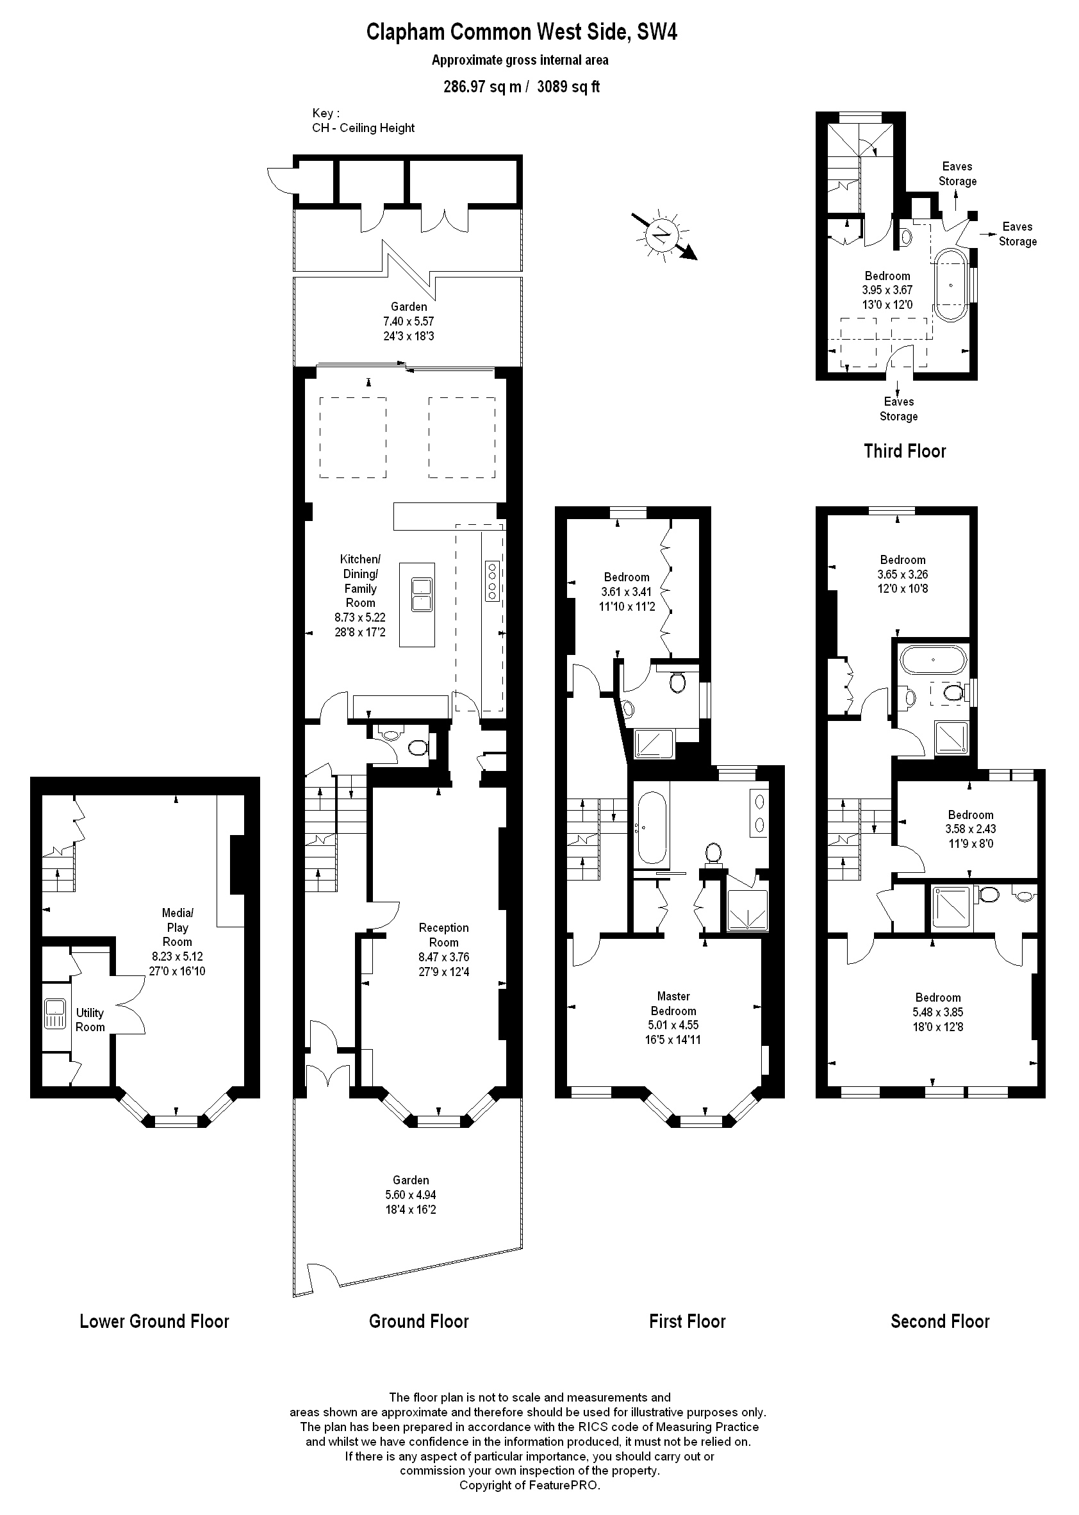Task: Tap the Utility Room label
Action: [x=90, y=1020]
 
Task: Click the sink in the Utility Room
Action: [x=54, y=1013]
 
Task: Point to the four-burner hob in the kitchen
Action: [x=492, y=581]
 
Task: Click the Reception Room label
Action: [x=443, y=934]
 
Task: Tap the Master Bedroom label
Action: [x=673, y=1004]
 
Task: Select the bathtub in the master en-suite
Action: [x=651, y=827]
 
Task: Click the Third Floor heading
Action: [x=904, y=451]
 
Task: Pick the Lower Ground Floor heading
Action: [x=154, y=1321]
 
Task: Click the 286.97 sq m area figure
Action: [x=482, y=87]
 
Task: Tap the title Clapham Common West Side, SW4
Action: [x=522, y=32]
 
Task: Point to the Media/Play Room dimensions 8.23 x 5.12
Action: [x=177, y=956]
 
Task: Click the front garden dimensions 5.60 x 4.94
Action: [x=411, y=1194]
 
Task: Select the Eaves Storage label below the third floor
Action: [x=898, y=409]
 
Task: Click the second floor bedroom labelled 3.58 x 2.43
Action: [x=971, y=829]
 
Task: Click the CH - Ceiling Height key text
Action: [x=363, y=128]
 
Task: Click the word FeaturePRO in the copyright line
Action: [x=564, y=1485]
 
